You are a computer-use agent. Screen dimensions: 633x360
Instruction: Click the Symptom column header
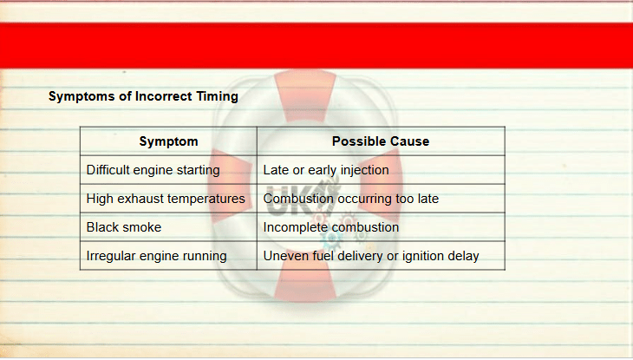click(168, 141)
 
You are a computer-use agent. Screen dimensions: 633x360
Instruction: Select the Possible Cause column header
click(381, 141)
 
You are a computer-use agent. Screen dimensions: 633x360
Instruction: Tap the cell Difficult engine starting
click(168, 170)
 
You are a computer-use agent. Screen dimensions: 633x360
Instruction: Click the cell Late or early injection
click(381, 170)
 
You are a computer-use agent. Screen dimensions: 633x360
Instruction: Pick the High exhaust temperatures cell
click(168, 199)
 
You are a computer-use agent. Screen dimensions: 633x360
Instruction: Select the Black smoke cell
click(168, 227)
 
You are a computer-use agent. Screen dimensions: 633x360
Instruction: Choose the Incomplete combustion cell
click(381, 227)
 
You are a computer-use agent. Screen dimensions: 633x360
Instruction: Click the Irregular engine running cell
click(168, 256)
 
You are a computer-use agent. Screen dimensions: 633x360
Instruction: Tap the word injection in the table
click(364, 171)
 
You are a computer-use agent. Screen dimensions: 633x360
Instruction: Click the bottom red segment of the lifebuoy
click(305, 278)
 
